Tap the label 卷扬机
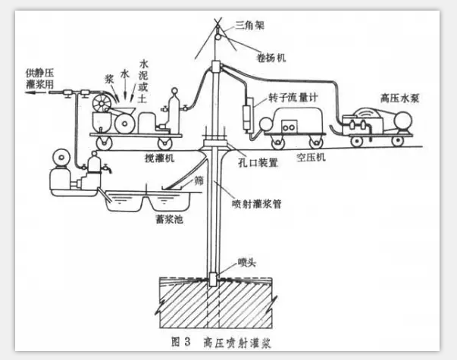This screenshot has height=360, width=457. (x=268, y=57)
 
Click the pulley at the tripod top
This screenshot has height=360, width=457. (x=215, y=33)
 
